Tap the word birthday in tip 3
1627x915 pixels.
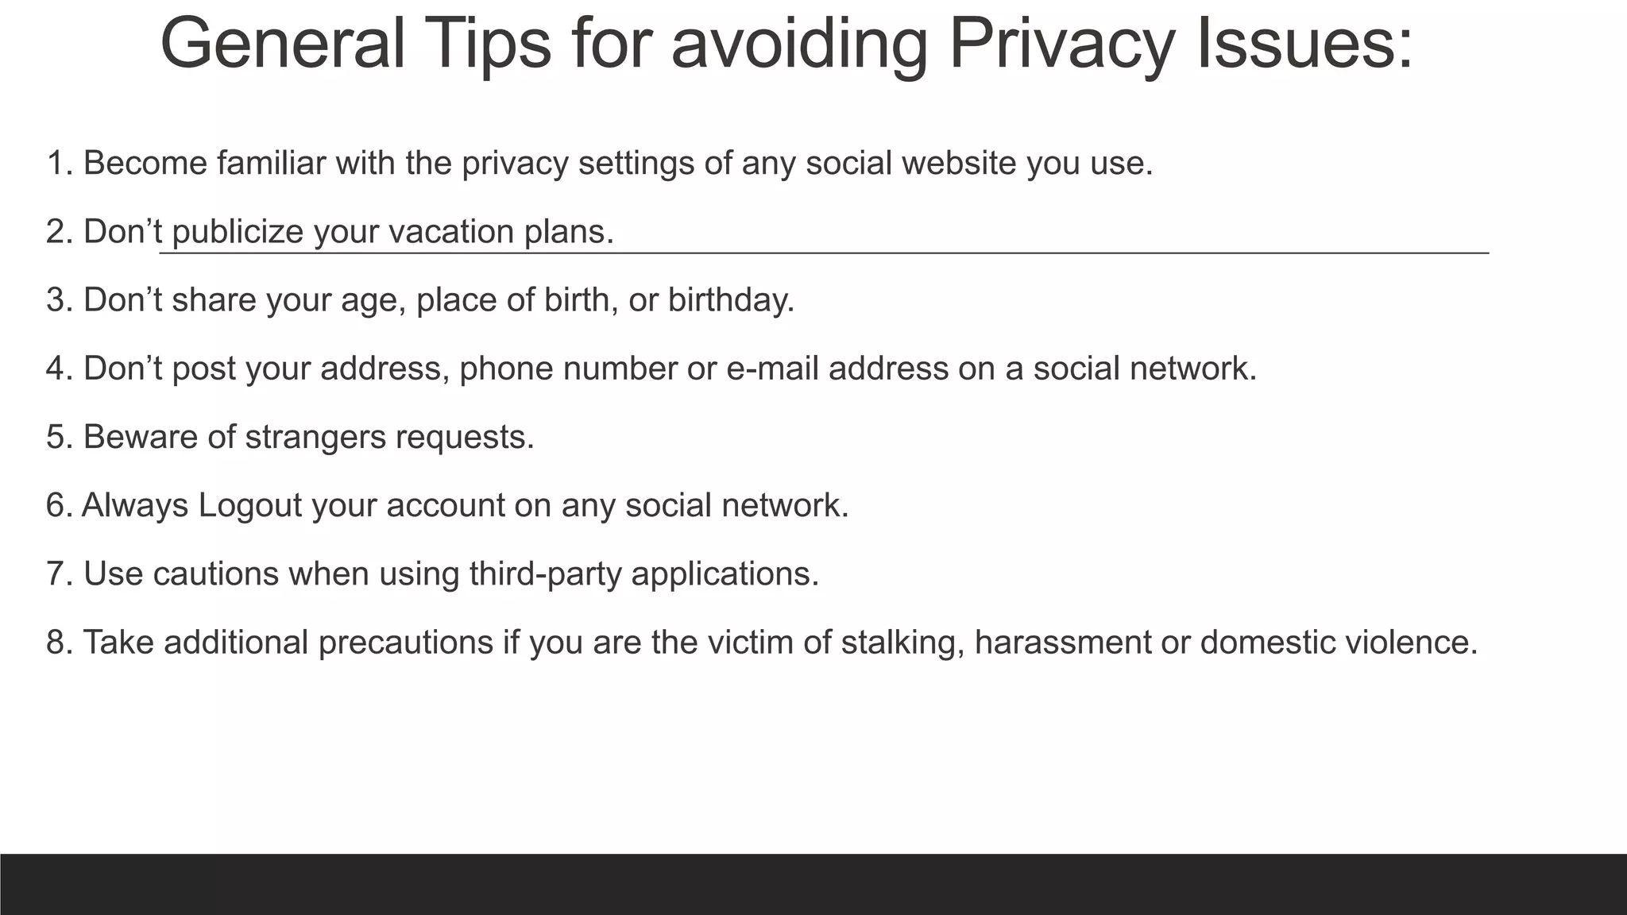pyautogui.click(x=731, y=299)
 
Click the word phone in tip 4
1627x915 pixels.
pyautogui.click(x=506, y=369)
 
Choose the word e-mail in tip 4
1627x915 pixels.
pyautogui.click(x=772, y=369)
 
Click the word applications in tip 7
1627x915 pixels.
pyautogui.click(x=725, y=574)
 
